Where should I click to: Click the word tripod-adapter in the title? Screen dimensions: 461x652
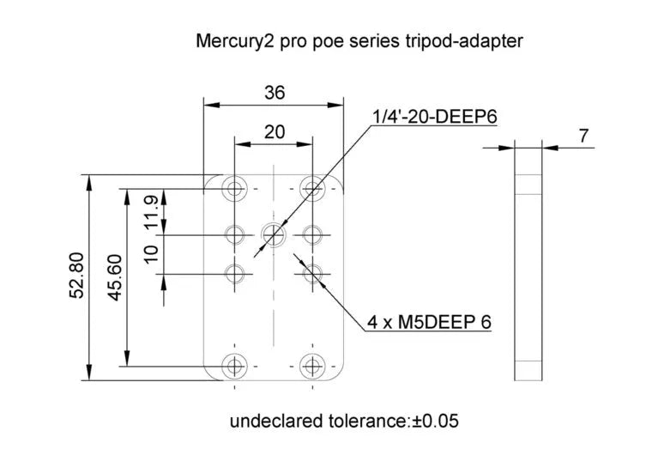[474, 40]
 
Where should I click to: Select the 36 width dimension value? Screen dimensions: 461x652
[275, 94]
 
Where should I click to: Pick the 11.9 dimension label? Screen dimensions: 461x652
[151, 212]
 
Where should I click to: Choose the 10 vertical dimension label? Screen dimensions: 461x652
[151, 254]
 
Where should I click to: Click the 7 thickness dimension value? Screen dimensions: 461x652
[584, 136]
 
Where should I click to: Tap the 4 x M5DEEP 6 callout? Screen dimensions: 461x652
[429, 322]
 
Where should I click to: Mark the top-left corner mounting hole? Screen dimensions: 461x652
[233, 188]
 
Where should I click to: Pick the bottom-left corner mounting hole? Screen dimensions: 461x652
[233, 367]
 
